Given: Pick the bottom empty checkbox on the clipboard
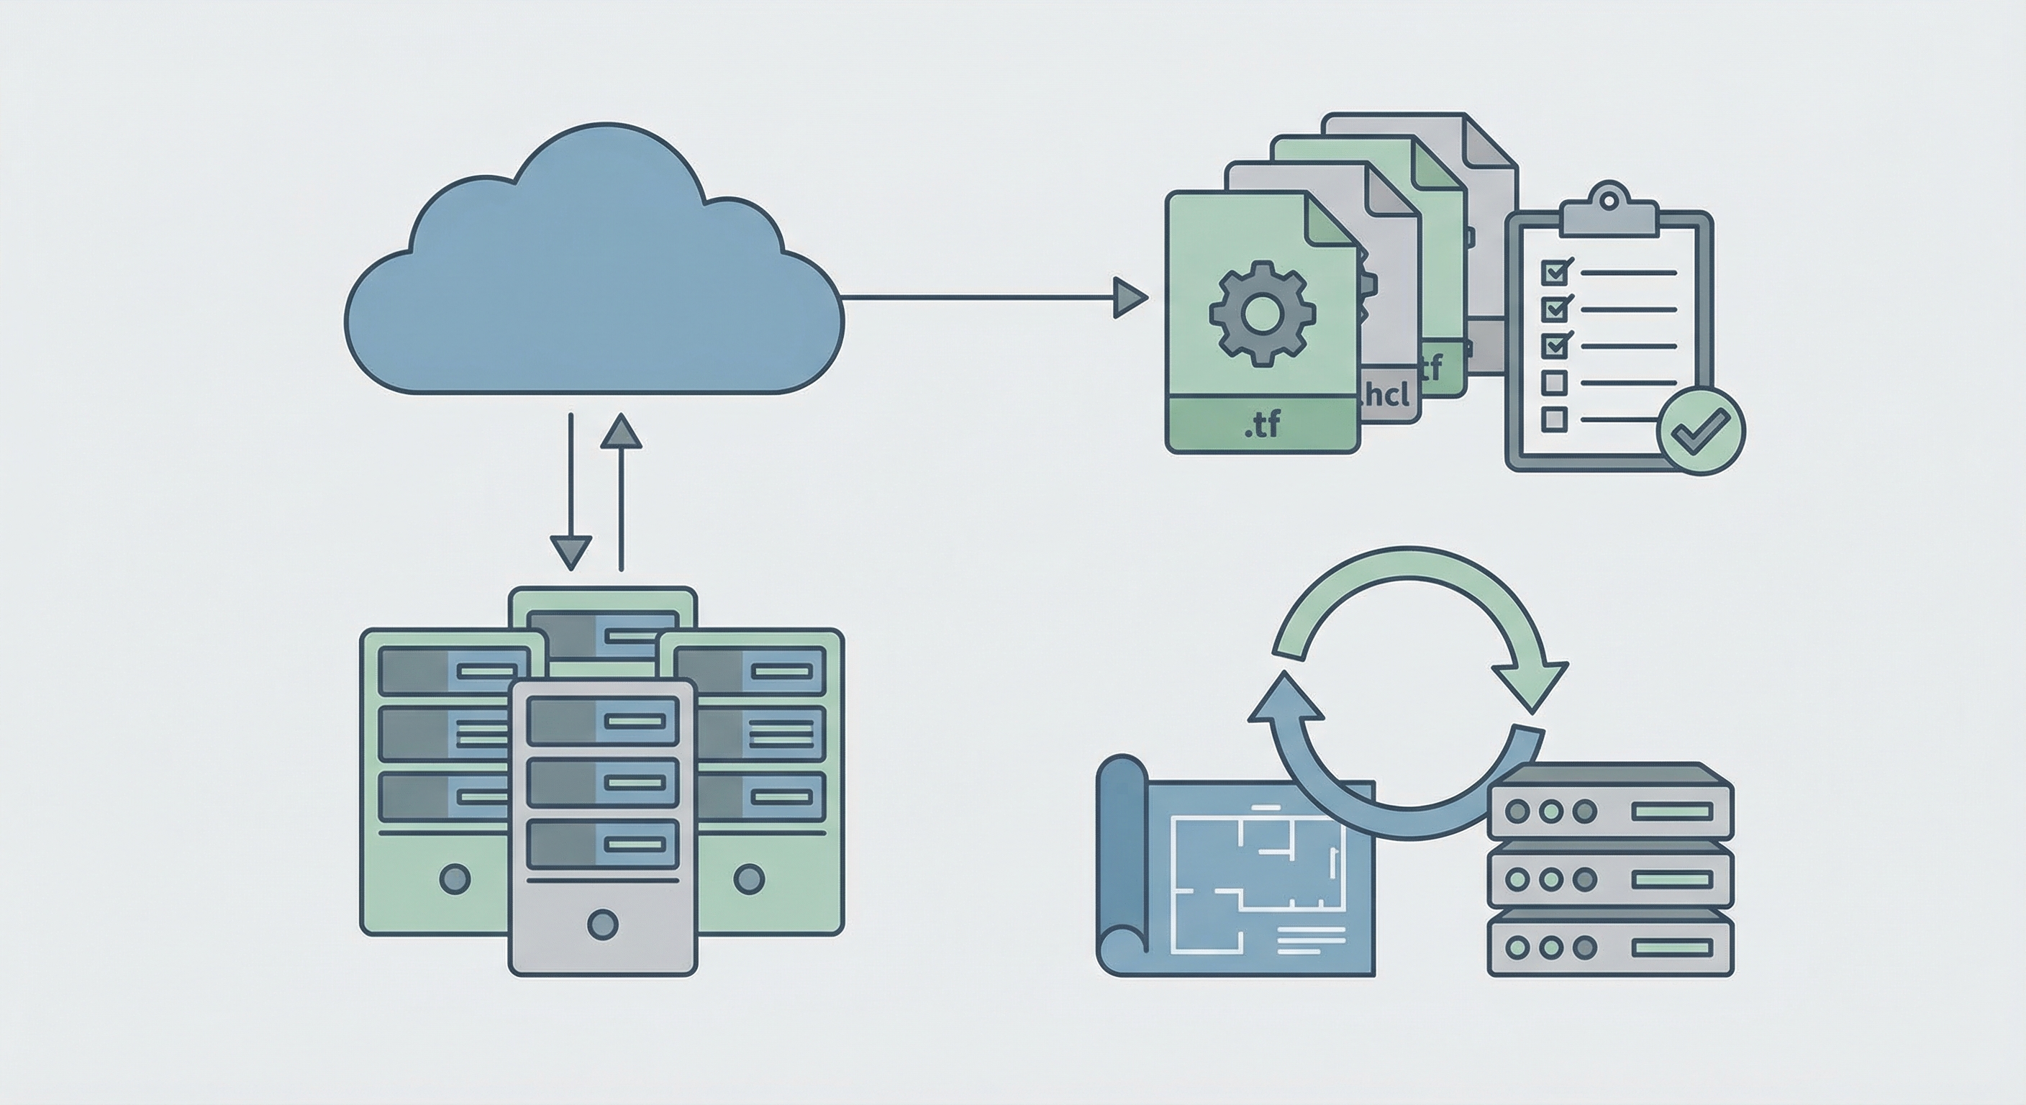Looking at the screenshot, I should tap(1553, 419).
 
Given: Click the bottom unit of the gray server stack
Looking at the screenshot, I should tap(1611, 947).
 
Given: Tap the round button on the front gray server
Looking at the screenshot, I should tap(602, 923).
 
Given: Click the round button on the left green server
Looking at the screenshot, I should tap(455, 878).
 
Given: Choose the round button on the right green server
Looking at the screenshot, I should tap(748, 878).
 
